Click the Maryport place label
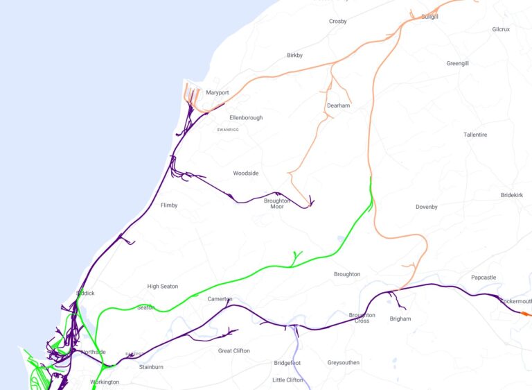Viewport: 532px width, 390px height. [x=217, y=93]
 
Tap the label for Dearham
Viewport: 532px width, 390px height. [x=338, y=106]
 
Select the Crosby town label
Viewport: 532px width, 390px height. [x=338, y=22]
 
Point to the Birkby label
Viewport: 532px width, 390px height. [x=294, y=56]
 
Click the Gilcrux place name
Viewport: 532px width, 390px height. [x=501, y=29]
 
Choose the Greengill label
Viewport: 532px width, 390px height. [x=457, y=63]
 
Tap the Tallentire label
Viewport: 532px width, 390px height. [x=476, y=135]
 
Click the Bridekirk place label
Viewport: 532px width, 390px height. [x=512, y=196]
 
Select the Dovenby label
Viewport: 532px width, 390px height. [x=427, y=207]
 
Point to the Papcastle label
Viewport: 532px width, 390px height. [x=484, y=278]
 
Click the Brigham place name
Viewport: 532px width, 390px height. [x=400, y=319]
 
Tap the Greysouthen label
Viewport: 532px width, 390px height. [x=344, y=362]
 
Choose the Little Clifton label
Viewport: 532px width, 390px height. [x=288, y=380]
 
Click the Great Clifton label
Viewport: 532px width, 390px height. [x=234, y=351]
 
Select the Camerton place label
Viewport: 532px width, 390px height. [x=220, y=299]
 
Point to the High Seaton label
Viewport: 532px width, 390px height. [x=163, y=287]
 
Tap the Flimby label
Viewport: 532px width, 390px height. [x=169, y=205]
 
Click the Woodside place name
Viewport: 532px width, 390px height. [x=245, y=173]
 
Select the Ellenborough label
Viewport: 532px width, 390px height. [x=246, y=118]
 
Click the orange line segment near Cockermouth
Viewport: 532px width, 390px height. [x=526, y=314]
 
